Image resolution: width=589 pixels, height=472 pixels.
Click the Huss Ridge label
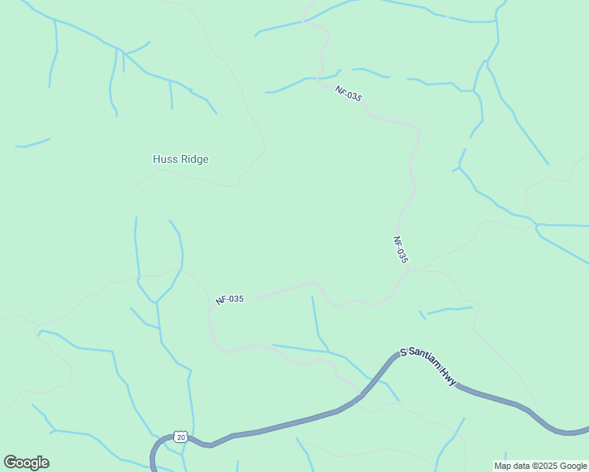click(x=180, y=159)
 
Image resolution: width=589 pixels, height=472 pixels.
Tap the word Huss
click(x=165, y=159)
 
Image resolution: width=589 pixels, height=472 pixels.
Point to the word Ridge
click(x=194, y=159)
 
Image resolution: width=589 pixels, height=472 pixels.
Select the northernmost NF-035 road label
click(x=348, y=94)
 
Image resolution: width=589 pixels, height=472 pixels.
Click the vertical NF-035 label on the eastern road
click(x=400, y=249)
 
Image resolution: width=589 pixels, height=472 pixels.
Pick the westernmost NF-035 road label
click(x=230, y=300)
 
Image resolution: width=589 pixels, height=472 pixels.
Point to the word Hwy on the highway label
click(x=449, y=378)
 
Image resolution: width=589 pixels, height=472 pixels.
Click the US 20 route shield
click(x=181, y=437)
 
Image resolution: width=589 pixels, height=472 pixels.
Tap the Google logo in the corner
click(x=26, y=463)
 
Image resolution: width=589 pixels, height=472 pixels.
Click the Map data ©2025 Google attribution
click(x=541, y=466)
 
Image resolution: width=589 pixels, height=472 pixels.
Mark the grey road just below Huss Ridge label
click(x=197, y=179)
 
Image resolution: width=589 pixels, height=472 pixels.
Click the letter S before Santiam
click(x=403, y=352)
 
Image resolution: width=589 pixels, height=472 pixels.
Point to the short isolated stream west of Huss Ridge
click(x=32, y=143)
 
